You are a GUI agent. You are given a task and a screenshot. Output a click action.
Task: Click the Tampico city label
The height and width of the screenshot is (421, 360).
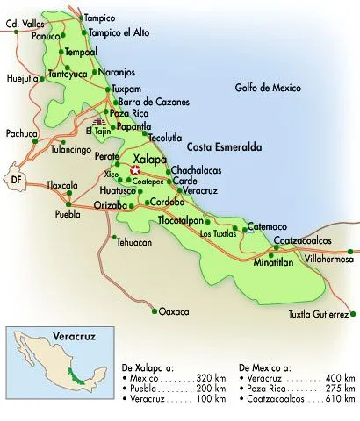click(x=99, y=17)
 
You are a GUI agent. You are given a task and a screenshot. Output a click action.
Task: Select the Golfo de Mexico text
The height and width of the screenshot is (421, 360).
click(x=268, y=89)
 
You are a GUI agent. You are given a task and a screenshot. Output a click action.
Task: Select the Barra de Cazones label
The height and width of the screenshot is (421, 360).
click(x=154, y=102)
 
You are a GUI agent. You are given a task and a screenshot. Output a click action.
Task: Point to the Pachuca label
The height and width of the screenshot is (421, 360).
click(x=19, y=134)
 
